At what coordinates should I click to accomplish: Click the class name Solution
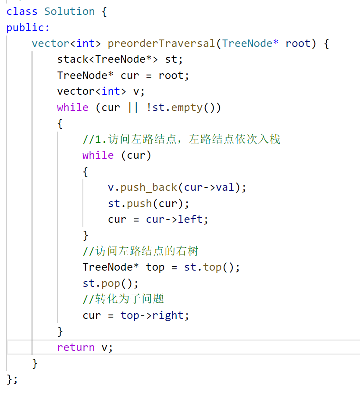tap(70, 11)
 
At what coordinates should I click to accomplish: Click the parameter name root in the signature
tap(298, 43)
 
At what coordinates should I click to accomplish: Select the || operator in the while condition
tap(133, 107)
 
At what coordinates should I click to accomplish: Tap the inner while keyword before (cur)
tap(98, 155)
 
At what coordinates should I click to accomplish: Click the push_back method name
tap(149, 187)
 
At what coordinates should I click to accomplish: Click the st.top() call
tap(209, 267)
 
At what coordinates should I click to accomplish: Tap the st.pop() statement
tap(110, 283)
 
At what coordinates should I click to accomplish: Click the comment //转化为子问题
tap(123, 299)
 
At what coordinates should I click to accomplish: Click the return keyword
tap(76, 347)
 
